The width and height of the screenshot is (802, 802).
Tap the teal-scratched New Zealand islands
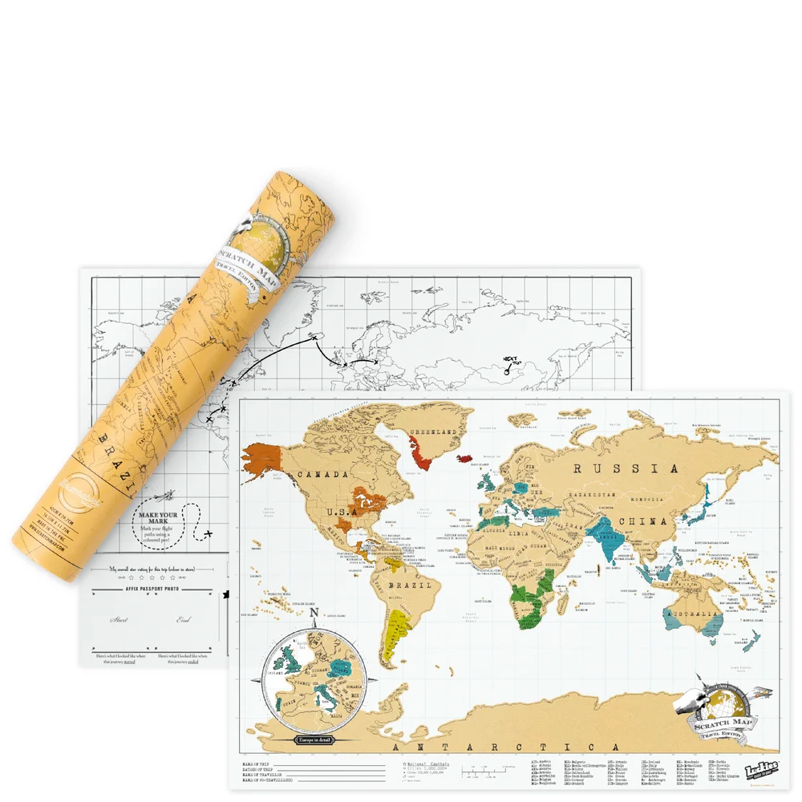click(752, 640)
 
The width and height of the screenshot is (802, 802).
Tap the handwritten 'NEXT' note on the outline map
click(509, 360)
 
